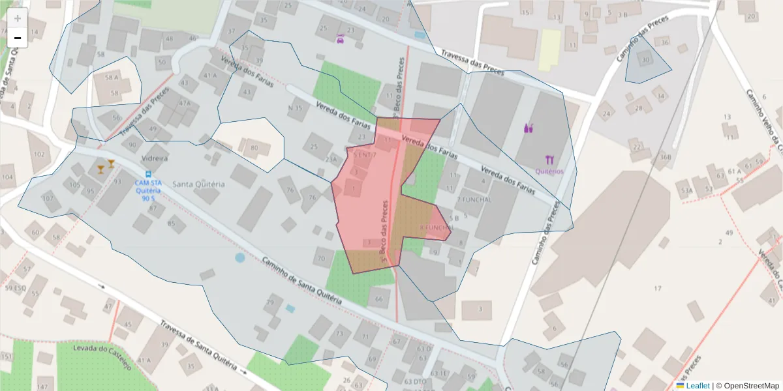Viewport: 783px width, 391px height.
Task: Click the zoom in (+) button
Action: [x=18, y=18]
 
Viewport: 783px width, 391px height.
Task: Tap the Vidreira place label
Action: [x=155, y=158]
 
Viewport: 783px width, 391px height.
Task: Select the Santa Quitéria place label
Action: [x=198, y=184]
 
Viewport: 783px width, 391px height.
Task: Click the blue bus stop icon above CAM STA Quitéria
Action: [x=149, y=174]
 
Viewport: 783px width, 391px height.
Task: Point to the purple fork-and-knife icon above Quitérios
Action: [x=549, y=159]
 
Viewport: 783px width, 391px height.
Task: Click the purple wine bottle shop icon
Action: [x=529, y=128]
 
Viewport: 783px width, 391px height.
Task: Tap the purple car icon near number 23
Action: [x=340, y=39]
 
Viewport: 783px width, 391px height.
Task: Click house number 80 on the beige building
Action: [x=254, y=149]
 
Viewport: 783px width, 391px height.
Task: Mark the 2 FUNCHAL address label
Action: [x=474, y=199]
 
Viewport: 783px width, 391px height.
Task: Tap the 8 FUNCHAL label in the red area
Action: [x=437, y=227]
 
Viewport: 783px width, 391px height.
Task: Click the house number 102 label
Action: [x=39, y=154]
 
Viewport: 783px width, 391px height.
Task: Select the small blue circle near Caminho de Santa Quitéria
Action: [x=240, y=257]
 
